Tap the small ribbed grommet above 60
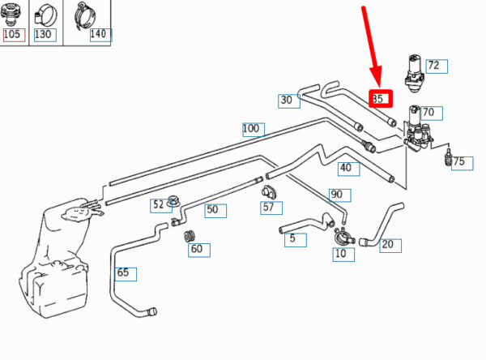[190, 236]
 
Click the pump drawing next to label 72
[415, 73]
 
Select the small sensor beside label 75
[448, 156]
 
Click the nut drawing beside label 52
[173, 201]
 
